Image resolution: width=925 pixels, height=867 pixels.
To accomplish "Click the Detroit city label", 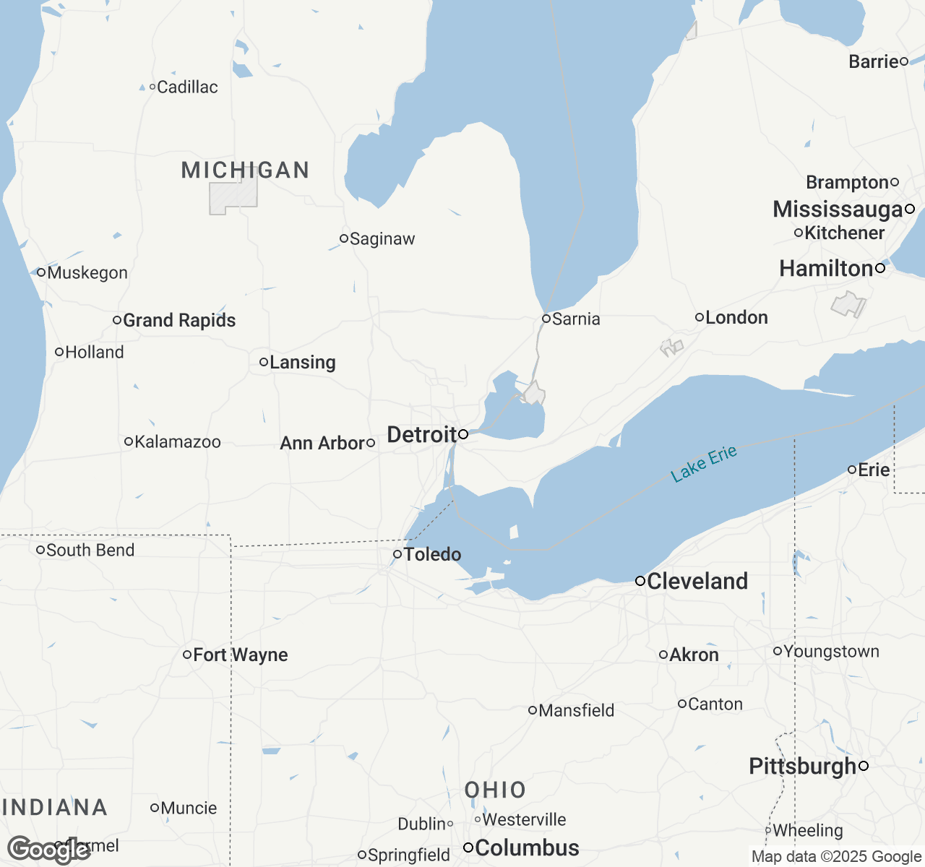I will [x=421, y=435].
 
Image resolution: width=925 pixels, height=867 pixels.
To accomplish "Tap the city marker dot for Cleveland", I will [x=640, y=581].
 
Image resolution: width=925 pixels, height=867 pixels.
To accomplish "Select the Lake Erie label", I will [x=704, y=464].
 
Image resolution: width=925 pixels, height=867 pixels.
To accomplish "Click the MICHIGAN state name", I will [x=245, y=171].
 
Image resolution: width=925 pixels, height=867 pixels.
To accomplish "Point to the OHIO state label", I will [x=495, y=790].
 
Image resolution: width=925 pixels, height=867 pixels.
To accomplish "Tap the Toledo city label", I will [x=432, y=554].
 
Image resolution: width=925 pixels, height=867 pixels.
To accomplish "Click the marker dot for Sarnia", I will [x=546, y=319].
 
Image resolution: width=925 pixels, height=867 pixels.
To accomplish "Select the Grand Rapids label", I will [x=179, y=320].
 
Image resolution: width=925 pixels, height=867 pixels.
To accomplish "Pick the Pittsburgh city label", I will [x=802, y=766].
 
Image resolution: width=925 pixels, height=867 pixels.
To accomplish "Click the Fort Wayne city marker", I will [x=187, y=655].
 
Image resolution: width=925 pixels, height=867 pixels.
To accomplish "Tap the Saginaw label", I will [x=382, y=239].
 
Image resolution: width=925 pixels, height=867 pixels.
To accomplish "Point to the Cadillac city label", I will [x=187, y=87].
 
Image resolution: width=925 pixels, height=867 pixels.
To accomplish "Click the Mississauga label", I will [x=838, y=210].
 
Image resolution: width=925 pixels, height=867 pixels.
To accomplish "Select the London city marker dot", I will [x=700, y=317].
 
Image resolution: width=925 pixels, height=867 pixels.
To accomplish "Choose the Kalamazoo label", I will [x=178, y=442].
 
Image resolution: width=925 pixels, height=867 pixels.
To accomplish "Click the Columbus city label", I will [x=527, y=847].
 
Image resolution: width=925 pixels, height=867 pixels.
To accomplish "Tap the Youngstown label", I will [x=831, y=652].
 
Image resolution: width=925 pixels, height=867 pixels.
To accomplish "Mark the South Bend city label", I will [x=90, y=551].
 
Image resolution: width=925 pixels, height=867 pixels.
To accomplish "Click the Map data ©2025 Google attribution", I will [x=836, y=857].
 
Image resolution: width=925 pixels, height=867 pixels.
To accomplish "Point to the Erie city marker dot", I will [x=852, y=470].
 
